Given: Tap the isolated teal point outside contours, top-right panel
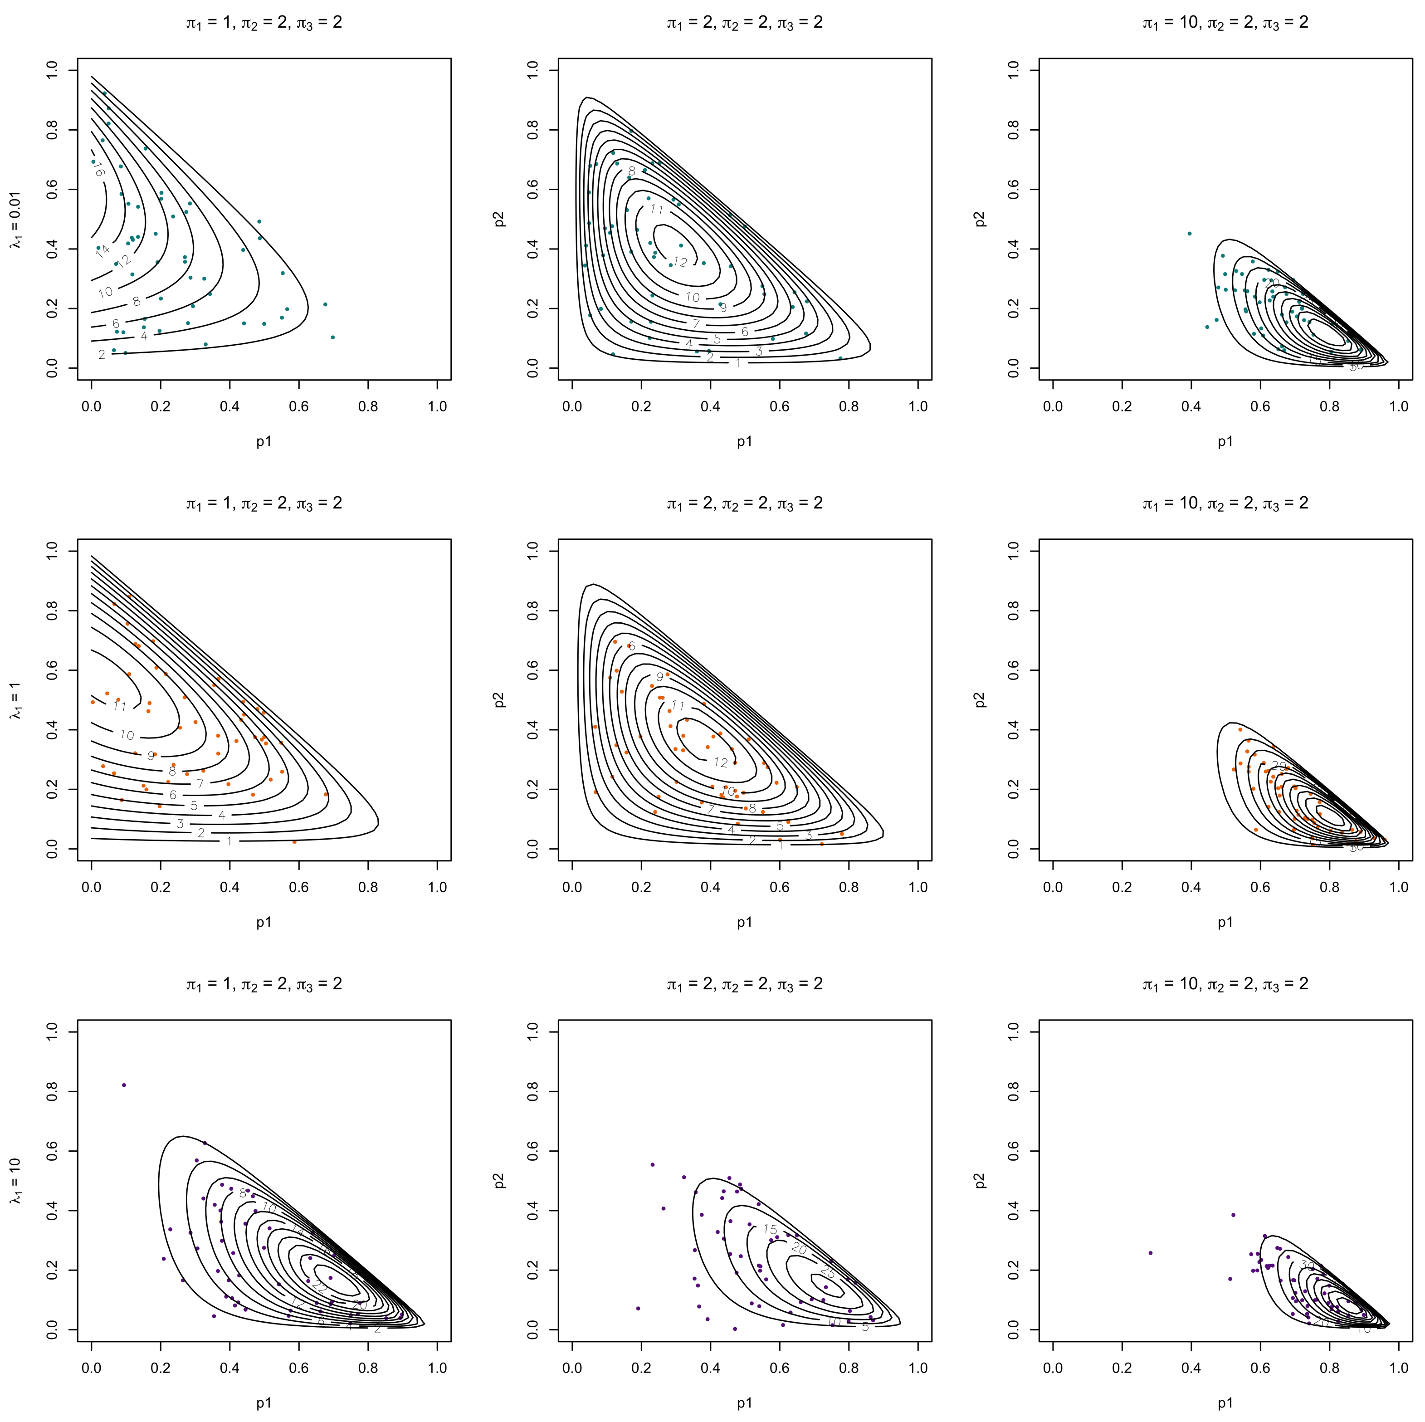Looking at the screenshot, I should tap(1189, 234).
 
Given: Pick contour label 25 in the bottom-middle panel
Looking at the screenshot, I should tap(828, 1273).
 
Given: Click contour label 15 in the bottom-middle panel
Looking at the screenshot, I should tap(770, 1230).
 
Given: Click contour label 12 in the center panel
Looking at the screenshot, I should tap(721, 762).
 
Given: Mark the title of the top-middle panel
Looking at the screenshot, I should tap(744, 23).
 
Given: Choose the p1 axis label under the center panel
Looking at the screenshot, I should tap(744, 922).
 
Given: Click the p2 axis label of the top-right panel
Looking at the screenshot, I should tap(980, 219).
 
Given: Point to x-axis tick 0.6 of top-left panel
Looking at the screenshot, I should tap(299, 406).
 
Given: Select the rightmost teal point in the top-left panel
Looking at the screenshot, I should tap(332, 337).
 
